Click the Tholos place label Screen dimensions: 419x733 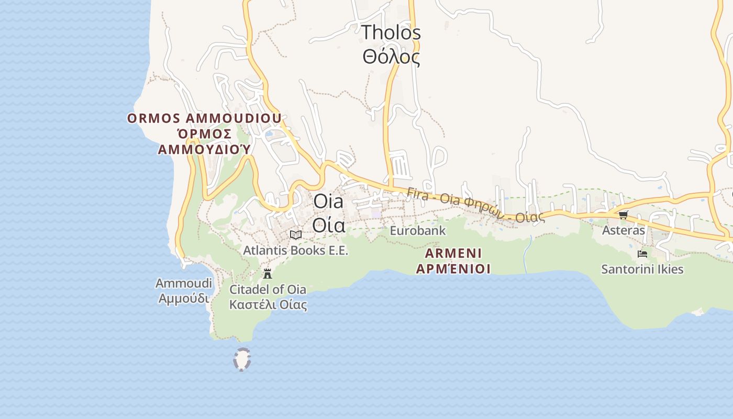coord(391,32)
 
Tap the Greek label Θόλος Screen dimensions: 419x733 coord(391,57)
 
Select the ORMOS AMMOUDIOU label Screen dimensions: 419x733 coord(204,118)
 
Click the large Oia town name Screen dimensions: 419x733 coord(328,202)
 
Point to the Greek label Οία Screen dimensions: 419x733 coord(328,225)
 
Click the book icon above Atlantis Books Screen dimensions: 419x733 coord(296,235)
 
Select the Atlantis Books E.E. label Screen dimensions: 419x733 coord(295,250)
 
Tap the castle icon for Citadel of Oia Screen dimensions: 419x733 coord(268,273)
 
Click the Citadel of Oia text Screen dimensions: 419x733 coord(268,289)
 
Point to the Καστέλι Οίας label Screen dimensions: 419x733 coord(268,304)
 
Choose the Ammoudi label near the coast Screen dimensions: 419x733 coord(184,283)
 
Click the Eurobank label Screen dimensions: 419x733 coord(418,230)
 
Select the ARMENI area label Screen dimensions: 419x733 coord(453,253)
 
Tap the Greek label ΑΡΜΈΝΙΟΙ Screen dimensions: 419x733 coord(453,269)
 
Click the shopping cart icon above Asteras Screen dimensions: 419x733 coord(623,215)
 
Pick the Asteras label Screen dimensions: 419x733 coord(624,230)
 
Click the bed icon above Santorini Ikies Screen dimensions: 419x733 coord(642,254)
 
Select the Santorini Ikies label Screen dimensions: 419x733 coord(642,270)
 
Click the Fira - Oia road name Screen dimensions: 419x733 coord(475,205)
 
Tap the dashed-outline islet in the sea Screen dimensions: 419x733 coord(242,360)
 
